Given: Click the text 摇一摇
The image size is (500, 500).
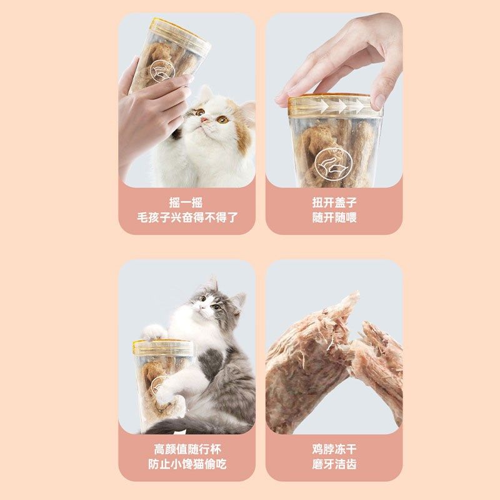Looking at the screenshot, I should click(186, 202).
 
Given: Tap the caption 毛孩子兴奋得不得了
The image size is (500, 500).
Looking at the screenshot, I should click(187, 219).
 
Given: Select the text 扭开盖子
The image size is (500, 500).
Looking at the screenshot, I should click(334, 202).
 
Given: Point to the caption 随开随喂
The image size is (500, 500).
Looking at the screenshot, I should click(334, 219).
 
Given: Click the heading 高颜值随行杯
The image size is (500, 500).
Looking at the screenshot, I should click(187, 449).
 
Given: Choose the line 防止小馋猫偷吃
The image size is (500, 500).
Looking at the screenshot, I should click(187, 465).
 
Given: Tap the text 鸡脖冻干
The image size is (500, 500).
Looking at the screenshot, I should click(334, 449).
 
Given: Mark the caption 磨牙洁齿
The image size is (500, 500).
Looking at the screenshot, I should click(334, 465).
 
